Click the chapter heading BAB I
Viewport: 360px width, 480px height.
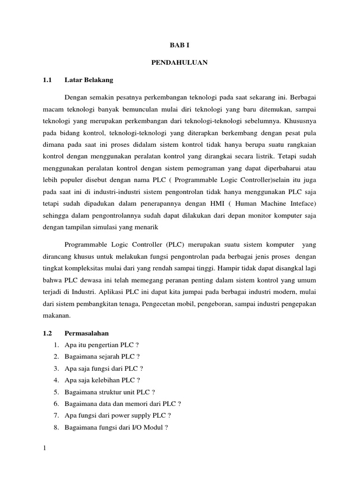pyautogui.click(x=180, y=45)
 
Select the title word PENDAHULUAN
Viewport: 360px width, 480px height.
pyautogui.click(x=180, y=62)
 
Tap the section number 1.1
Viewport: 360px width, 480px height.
pyautogui.click(x=46, y=80)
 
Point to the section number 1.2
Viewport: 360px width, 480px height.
pyautogui.click(x=46, y=333)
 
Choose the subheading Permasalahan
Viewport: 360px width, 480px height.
pyautogui.click(x=87, y=333)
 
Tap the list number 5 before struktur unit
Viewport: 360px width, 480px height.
pyautogui.click(x=55, y=392)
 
